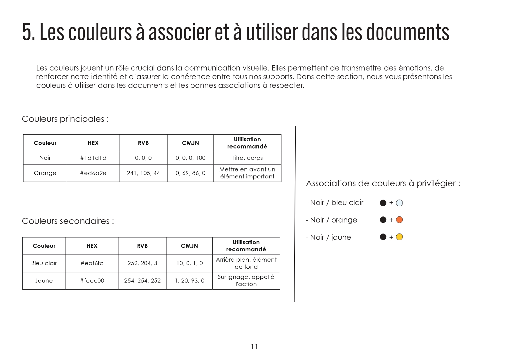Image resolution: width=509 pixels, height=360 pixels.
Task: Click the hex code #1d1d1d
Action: tap(93, 158)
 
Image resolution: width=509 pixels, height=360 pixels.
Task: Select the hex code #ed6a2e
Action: tap(93, 173)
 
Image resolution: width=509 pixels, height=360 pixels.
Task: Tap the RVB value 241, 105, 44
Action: tap(143, 173)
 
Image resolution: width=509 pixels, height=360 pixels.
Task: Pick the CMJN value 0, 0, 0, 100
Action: tap(190, 158)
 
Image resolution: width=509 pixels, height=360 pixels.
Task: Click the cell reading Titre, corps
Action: tap(247, 158)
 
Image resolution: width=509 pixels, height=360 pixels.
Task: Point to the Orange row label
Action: tap(45, 173)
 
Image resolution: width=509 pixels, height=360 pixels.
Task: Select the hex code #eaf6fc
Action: tap(92, 263)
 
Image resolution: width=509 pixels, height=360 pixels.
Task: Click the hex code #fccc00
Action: tap(92, 281)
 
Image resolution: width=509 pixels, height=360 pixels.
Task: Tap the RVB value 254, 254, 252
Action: tap(142, 281)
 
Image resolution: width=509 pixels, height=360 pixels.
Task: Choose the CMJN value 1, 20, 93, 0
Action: tap(189, 281)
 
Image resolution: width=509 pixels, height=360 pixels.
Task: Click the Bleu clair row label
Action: tap(44, 263)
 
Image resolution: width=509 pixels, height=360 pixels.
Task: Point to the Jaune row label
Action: tap(44, 281)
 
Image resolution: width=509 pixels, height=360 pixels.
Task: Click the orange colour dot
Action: tap(399, 220)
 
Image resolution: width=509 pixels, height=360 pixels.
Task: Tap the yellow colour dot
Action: tap(399, 237)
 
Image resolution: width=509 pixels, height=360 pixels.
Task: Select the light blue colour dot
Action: tap(399, 203)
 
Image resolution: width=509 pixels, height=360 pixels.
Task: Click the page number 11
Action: tap(255, 347)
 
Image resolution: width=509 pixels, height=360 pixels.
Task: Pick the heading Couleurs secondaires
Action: tap(68, 221)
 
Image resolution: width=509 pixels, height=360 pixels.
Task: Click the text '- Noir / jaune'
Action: tap(328, 238)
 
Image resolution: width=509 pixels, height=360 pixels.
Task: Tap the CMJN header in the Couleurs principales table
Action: tap(190, 143)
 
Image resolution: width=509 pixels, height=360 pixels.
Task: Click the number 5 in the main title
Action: tap(27, 32)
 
